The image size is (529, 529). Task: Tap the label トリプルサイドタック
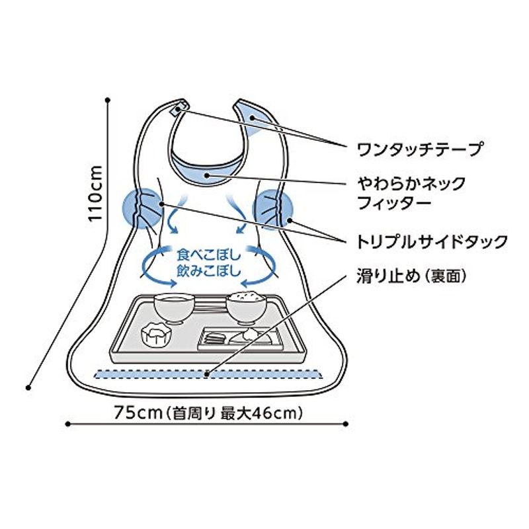tap(432, 241)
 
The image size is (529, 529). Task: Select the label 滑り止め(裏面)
tap(411, 276)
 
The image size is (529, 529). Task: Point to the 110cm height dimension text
tap(95, 193)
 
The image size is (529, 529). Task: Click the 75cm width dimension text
tap(208, 413)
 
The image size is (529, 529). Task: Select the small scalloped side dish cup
tap(156, 334)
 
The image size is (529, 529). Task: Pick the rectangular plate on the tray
tap(239, 339)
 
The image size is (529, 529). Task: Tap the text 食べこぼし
tap(209, 255)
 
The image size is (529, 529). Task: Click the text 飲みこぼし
tap(209, 271)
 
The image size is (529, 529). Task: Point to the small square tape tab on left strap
tap(177, 109)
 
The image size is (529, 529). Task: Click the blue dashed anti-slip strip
tap(208, 374)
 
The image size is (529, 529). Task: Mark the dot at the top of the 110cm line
tap(108, 101)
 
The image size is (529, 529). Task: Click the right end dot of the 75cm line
tap(345, 424)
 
